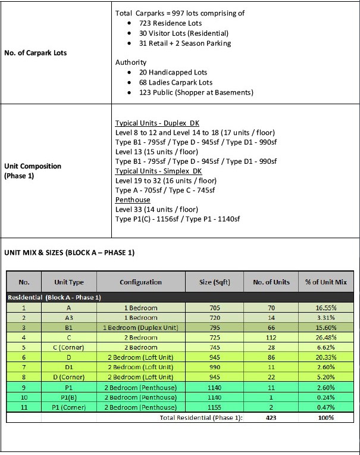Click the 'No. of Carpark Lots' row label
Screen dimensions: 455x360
[x=35, y=53]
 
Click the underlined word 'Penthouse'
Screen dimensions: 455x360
[x=132, y=200]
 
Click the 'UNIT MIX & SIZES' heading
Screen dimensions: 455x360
[x=70, y=253]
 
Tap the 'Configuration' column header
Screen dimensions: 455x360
[x=140, y=282]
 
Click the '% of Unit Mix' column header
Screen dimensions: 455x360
[x=325, y=282]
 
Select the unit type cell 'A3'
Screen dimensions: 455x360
[x=69, y=318]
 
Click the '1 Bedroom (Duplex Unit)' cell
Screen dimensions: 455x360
[x=140, y=328]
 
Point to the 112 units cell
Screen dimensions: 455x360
[x=271, y=338]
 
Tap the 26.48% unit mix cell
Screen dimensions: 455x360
[x=325, y=338]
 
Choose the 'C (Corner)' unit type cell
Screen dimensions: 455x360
[x=69, y=347]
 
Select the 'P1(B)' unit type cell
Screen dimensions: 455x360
[x=69, y=397]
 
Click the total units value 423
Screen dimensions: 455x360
[x=271, y=417]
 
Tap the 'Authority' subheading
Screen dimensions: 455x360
[x=130, y=62]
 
